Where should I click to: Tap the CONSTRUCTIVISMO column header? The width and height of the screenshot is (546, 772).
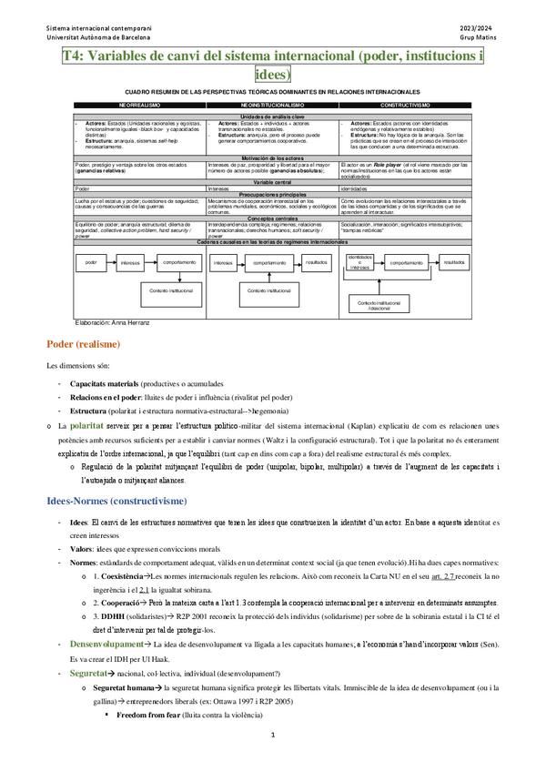[x=404, y=106]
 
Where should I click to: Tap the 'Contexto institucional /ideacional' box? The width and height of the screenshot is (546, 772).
[x=378, y=304]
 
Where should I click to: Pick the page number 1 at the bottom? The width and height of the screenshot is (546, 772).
[x=272, y=759]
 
